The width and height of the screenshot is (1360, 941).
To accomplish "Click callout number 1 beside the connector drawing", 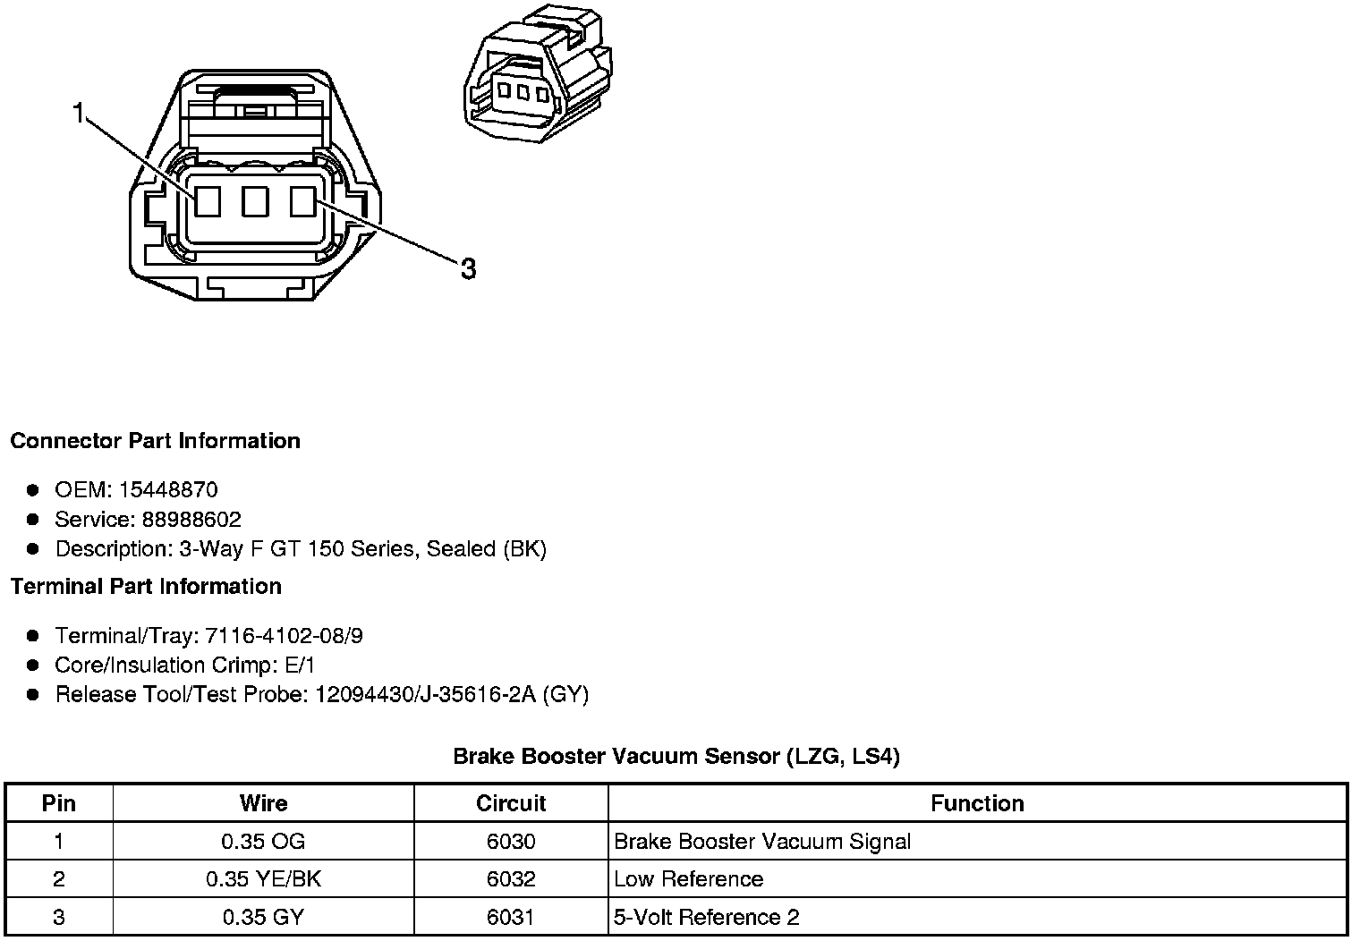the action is pos(80,114).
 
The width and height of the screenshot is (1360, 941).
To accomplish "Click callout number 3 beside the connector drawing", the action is pos(468,267).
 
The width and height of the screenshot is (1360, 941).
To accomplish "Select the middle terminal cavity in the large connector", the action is pos(255,201).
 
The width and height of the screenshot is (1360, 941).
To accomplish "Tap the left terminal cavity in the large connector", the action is pos(208,201).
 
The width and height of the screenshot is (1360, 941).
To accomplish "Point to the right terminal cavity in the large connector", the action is pos(303,201).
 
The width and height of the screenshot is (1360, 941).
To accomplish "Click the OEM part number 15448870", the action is pos(168,490).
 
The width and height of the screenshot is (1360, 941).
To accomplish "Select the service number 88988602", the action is pos(191,520).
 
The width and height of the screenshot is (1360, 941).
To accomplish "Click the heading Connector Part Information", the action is pos(156,441).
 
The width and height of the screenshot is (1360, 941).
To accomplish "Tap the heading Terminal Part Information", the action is pos(146,587).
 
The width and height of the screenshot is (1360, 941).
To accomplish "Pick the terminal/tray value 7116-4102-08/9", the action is pos(284,636).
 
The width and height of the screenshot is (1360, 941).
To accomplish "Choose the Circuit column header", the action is pos(511,803).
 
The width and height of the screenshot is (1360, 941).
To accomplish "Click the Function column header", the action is pos(977,803).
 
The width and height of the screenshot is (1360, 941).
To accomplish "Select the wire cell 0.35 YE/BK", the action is pos(263,879).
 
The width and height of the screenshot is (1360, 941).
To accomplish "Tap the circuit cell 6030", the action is pos(511,842).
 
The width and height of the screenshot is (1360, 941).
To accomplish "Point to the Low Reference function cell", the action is pos(689,879).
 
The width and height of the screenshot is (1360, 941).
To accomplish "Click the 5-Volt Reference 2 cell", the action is pos(707,918).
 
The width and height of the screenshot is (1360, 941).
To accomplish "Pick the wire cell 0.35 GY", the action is pos(263,918).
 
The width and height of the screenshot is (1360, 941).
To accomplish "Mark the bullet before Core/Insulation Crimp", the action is pos(33,665).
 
